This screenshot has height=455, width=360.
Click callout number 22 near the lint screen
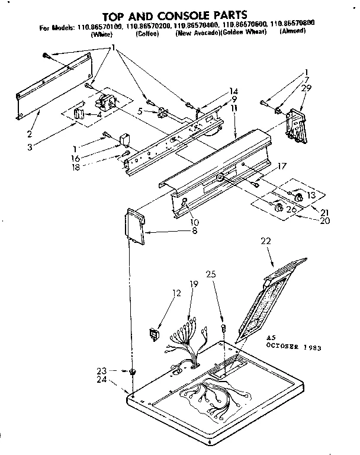click(266, 241)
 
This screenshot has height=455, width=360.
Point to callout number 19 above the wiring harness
click(193, 284)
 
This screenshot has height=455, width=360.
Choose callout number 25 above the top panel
click(211, 274)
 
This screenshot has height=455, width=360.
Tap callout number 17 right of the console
click(281, 167)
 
